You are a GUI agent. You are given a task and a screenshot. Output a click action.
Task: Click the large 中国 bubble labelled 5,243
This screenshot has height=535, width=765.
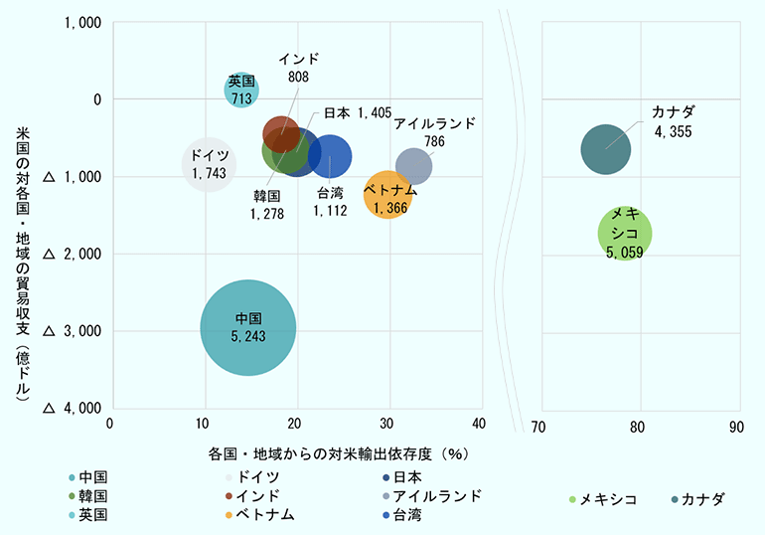coord(247,327)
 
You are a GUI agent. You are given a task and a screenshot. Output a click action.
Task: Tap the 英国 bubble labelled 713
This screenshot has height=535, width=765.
coord(241,89)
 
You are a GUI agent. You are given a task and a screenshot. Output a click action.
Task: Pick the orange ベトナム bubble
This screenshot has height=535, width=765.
coord(387,196)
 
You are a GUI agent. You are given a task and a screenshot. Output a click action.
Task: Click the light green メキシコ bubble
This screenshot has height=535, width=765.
coord(625,234)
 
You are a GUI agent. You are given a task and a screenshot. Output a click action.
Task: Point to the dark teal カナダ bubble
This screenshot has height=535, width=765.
coord(605,149)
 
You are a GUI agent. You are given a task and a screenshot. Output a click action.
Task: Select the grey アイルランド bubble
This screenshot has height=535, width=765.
coord(413,166)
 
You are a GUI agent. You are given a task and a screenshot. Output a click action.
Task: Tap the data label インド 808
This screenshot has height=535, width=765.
coord(298,67)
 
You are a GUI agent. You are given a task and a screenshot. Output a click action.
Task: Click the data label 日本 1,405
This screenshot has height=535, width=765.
coord(358,113)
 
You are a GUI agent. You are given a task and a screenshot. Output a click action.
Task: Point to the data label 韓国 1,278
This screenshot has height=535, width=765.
coord(267,203)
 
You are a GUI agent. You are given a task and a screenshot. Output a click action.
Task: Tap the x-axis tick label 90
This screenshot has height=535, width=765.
coord(736,428)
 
